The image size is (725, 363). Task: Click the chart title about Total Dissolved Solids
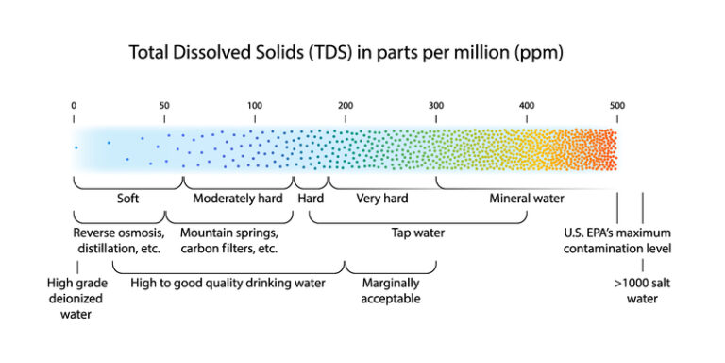(346, 53)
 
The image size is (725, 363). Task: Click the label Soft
(127, 199)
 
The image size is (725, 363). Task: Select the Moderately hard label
(238, 199)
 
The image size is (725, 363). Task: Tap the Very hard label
(381, 199)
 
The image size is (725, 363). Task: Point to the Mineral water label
(526, 199)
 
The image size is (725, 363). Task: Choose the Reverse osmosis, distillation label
(119, 241)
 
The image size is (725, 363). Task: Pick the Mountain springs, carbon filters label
(228, 241)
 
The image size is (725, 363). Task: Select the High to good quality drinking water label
(228, 283)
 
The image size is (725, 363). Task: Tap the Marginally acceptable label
(390, 290)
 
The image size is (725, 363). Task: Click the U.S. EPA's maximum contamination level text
(616, 241)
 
